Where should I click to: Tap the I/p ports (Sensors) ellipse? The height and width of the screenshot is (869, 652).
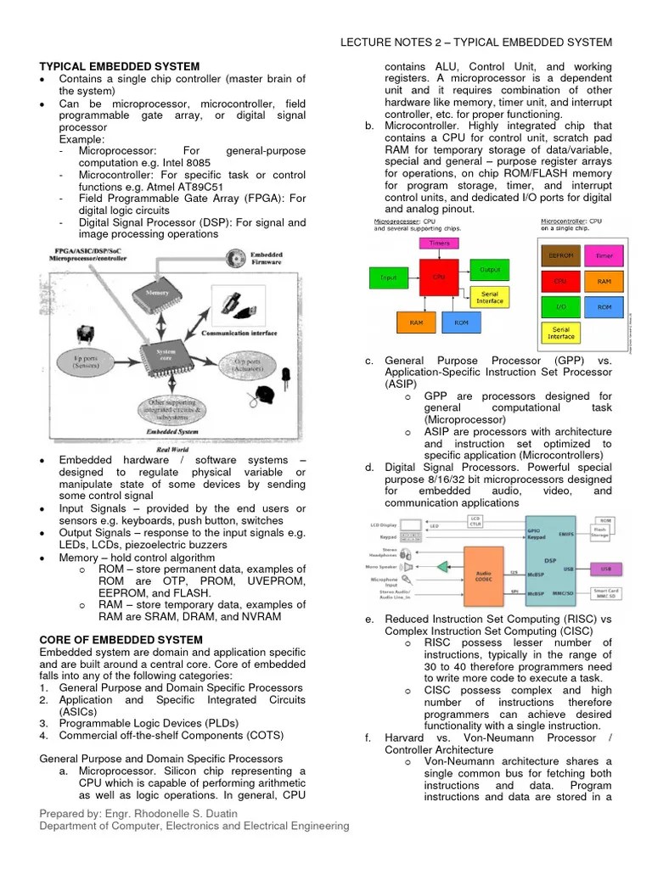coord(86,362)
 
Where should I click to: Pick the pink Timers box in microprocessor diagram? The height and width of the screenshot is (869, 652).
coord(439,243)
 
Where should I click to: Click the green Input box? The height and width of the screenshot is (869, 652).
coord(388,277)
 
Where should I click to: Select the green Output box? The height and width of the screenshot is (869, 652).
coord(490,271)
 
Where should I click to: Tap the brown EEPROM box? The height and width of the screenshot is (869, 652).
coord(560,255)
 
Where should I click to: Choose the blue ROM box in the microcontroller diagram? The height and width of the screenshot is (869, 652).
coord(604,306)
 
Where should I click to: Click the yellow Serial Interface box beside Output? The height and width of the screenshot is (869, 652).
coord(490,297)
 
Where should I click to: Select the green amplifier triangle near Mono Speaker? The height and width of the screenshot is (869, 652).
coord(441,566)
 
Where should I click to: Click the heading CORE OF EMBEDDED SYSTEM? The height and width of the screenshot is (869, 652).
coord(121,639)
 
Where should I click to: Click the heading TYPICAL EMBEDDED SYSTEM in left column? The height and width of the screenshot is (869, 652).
coord(120,66)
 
